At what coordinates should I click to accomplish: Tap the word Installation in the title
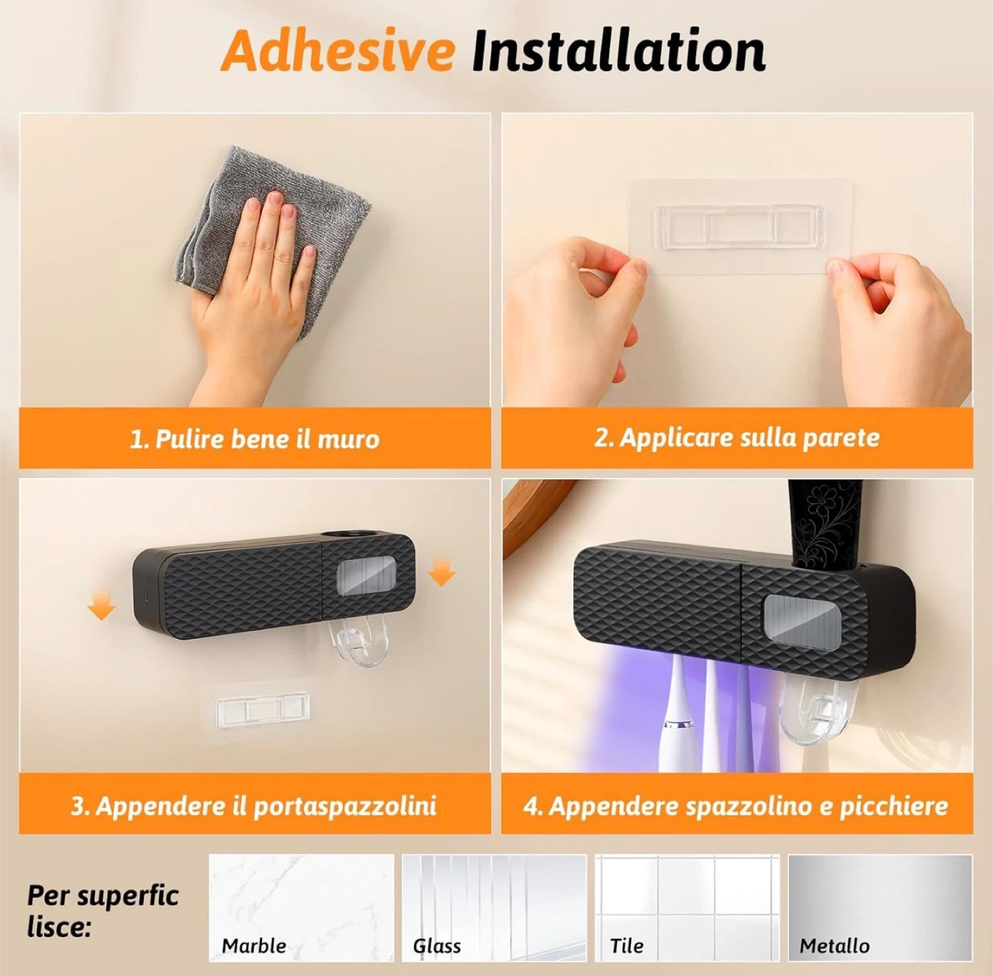pyautogui.click(x=619, y=52)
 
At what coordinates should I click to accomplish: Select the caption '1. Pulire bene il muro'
pyautogui.click(x=254, y=439)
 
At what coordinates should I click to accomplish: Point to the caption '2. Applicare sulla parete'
pyautogui.click(x=737, y=438)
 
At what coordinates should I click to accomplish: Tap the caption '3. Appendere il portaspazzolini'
pyautogui.click(x=254, y=806)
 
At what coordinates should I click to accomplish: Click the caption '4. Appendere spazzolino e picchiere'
pyautogui.click(x=736, y=806)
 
